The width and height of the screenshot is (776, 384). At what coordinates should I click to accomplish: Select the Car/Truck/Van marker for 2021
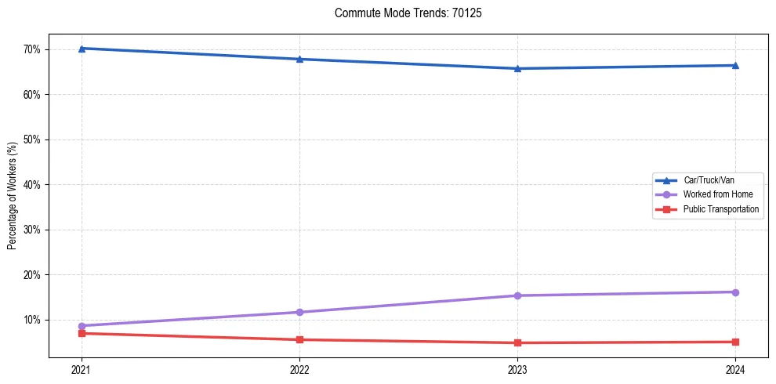click(x=82, y=49)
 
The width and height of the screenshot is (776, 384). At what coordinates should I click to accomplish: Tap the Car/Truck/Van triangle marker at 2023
click(x=517, y=68)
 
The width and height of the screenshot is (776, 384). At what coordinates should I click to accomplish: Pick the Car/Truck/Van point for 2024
click(x=735, y=65)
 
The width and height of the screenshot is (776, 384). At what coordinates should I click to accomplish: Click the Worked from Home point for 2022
click(x=299, y=312)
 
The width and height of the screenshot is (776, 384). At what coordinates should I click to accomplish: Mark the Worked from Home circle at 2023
click(x=517, y=295)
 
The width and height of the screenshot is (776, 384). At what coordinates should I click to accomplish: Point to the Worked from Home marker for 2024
click(x=735, y=292)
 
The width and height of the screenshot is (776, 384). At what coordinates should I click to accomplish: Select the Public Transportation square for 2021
click(x=82, y=333)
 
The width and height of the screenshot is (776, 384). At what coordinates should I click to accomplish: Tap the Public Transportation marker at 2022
click(x=299, y=339)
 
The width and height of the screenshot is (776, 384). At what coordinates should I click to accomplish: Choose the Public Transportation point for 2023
click(x=517, y=342)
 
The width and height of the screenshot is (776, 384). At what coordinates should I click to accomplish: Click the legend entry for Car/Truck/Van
click(x=709, y=180)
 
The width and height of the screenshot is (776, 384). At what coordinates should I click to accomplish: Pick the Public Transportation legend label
click(x=720, y=209)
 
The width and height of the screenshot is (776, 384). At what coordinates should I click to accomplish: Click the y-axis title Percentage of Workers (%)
click(x=13, y=196)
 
